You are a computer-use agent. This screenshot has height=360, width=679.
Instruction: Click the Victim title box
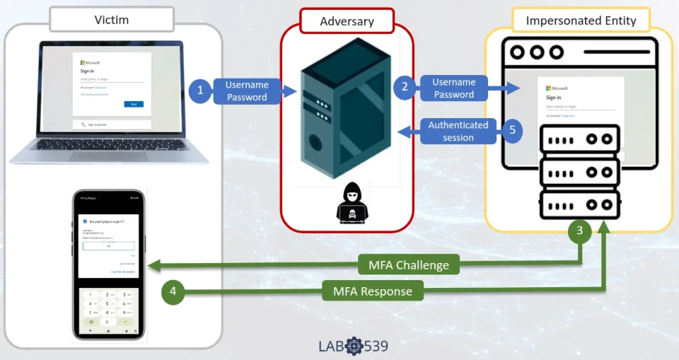112,20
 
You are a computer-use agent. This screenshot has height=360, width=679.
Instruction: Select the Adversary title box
347,21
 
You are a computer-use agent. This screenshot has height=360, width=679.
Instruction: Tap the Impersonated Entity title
581,21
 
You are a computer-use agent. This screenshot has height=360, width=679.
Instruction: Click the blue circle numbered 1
201,91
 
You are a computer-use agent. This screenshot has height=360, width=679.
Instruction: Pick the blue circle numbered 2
405,87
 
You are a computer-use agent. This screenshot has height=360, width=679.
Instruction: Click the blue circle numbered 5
512,130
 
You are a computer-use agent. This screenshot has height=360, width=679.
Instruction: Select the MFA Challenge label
409,266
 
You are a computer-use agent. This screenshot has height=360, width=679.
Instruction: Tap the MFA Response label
368,291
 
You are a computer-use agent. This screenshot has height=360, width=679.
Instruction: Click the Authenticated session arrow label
458,131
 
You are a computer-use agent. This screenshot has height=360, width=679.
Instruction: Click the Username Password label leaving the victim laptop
247,91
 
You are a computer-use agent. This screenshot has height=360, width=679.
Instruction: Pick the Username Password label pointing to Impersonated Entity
453,88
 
